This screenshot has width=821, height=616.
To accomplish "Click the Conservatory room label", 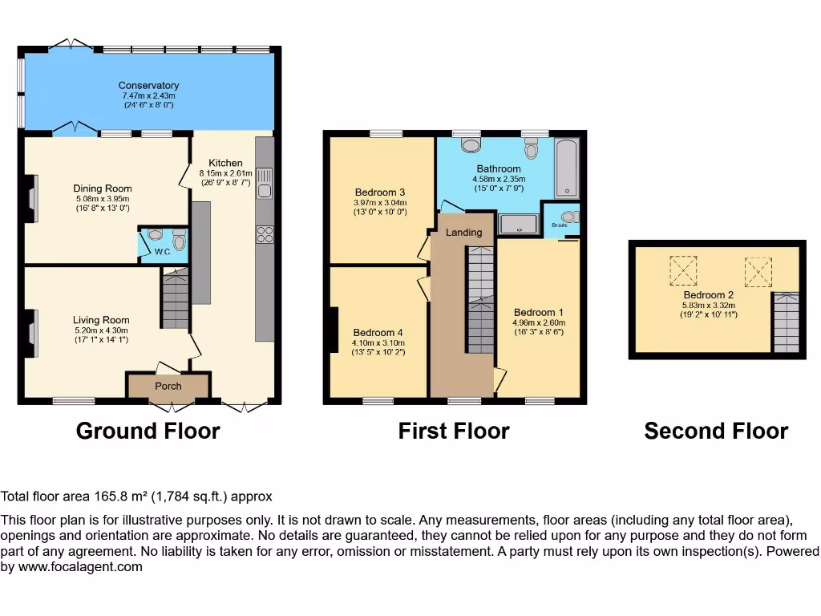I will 148,86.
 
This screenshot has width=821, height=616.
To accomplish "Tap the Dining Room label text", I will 103,189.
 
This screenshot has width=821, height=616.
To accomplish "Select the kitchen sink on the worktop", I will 265,184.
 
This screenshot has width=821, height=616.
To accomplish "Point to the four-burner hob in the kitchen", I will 265,235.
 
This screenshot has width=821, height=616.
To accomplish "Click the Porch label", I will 168,386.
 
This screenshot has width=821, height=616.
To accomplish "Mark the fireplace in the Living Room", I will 32,334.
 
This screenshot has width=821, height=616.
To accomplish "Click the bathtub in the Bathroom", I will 567,168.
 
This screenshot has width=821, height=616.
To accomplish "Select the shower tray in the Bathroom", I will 518,224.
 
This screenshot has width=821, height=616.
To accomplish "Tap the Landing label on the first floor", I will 463,233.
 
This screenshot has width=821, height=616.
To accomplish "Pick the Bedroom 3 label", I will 379,192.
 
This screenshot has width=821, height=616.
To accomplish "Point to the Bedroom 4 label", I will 378,333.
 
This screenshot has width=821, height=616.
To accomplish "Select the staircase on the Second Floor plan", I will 787,322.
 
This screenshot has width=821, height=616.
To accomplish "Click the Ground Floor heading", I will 148,431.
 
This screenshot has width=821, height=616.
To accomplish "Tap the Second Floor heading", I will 716,431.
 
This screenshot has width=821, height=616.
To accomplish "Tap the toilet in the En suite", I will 569,217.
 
